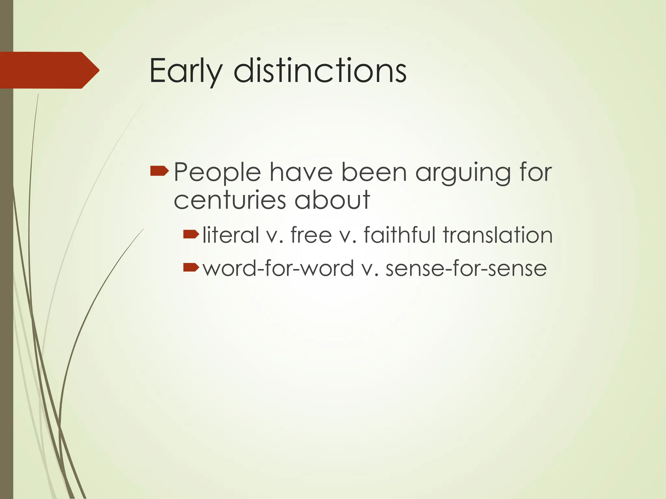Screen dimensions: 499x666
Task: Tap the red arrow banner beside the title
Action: point(49,70)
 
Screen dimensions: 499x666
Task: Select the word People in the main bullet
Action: point(217,172)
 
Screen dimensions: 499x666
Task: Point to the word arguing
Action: point(463,173)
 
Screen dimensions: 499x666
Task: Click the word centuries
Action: point(230,200)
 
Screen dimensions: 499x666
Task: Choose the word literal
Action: point(231,235)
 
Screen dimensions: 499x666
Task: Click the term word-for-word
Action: point(278,268)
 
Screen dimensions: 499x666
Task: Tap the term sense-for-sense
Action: point(466,268)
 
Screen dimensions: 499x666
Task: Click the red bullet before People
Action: point(159,171)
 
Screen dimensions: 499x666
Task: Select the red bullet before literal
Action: point(191,234)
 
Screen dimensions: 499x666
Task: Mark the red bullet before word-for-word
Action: point(191,267)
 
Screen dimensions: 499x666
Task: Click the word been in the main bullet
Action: point(374,172)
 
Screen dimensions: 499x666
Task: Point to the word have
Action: point(301,172)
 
